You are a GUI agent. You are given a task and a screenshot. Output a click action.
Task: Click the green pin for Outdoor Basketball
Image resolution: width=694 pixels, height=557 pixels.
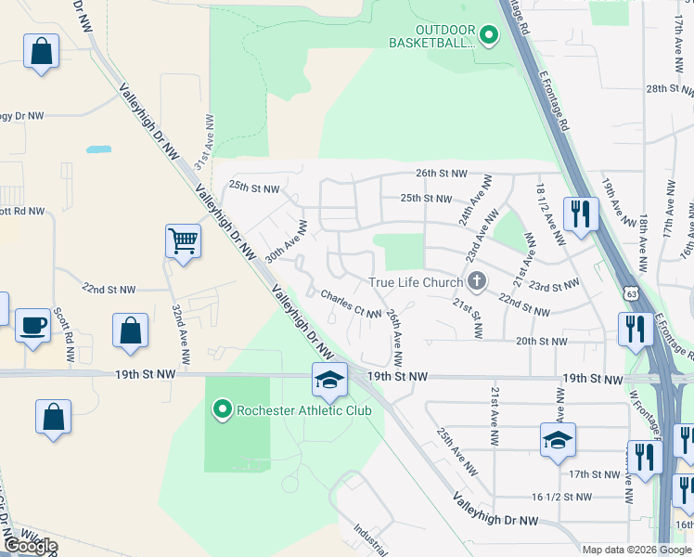(x=489, y=36)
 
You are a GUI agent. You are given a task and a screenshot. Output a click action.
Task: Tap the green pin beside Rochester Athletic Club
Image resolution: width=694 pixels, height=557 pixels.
(x=223, y=408)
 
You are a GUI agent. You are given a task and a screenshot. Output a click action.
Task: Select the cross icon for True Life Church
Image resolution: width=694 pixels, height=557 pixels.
(x=477, y=281)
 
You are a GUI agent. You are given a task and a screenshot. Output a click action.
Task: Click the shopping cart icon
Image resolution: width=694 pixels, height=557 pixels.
(x=183, y=241)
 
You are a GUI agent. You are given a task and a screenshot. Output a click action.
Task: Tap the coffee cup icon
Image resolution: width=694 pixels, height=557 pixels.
(x=33, y=326)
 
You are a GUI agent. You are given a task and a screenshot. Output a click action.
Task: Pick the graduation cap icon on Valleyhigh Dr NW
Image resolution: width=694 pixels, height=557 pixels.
(x=328, y=380)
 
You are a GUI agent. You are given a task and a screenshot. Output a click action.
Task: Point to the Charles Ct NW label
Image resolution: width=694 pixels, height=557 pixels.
(x=351, y=304)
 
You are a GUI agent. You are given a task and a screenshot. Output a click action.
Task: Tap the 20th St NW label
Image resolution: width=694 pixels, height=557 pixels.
(x=541, y=342)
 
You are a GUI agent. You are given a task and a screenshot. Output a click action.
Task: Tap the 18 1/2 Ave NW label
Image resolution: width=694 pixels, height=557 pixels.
(x=549, y=214)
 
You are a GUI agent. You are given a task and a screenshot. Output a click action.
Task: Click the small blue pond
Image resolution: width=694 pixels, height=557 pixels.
(x=97, y=149)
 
